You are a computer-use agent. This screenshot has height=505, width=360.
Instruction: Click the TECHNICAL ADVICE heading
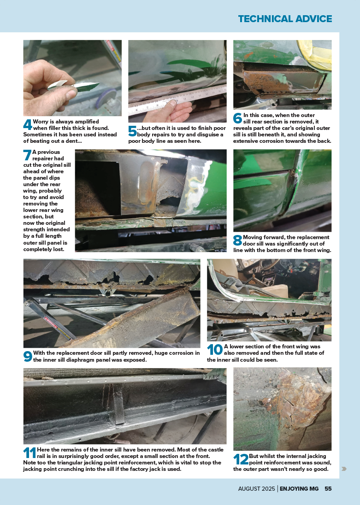(285, 19)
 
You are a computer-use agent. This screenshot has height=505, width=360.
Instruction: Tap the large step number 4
(28, 125)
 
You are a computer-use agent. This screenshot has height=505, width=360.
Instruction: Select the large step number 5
(132, 131)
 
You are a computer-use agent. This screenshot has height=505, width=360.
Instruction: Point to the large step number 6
(237, 118)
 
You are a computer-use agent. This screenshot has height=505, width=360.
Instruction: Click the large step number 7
(27, 155)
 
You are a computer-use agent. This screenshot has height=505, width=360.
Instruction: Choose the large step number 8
(237, 241)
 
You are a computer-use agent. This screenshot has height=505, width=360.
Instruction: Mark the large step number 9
(28, 356)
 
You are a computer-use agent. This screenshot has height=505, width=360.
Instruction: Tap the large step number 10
(215, 350)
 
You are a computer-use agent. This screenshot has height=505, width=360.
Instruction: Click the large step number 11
(30, 453)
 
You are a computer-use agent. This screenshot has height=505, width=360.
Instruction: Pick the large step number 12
(241, 459)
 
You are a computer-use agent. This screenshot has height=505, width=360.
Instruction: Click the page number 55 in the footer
(328, 488)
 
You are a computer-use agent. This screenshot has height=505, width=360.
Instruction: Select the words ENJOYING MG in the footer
(299, 488)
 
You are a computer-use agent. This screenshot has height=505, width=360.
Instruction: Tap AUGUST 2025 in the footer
(257, 488)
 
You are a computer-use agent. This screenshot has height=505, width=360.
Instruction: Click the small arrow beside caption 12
(344, 469)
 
